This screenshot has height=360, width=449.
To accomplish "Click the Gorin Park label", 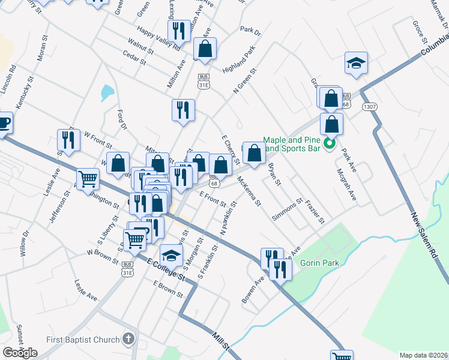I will pyautogui.click(x=321, y=263).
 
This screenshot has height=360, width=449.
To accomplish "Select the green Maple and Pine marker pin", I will pyautogui.click(x=329, y=144).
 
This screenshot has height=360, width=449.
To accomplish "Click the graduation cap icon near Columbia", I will pyautogui.click(x=356, y=63).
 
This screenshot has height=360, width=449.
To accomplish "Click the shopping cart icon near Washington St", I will pyautogui.click(x=88, y=178).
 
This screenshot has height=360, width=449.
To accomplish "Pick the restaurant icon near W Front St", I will pyautogui.click(x=68, y=140).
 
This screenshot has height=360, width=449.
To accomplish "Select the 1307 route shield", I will pyautogui.click(x=369, y=106).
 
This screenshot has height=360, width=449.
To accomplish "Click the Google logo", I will pyautogui.click(x=20, y=353).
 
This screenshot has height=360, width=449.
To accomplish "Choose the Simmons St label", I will pyautogui.click(x=287, y=208).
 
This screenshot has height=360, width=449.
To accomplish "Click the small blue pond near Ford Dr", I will pyautogui.click(x=107, y=92).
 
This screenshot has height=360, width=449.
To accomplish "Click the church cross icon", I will pyautogui.click(x=127, y=340).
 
